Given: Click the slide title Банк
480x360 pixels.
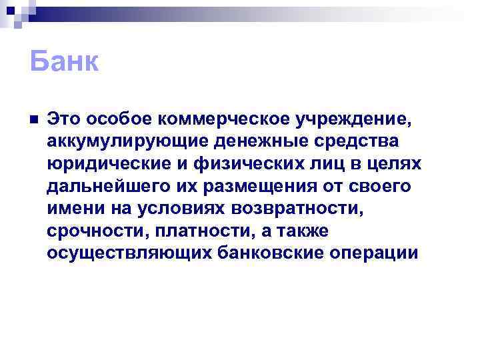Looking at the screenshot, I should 64,63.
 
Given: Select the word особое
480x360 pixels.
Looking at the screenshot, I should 113,119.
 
